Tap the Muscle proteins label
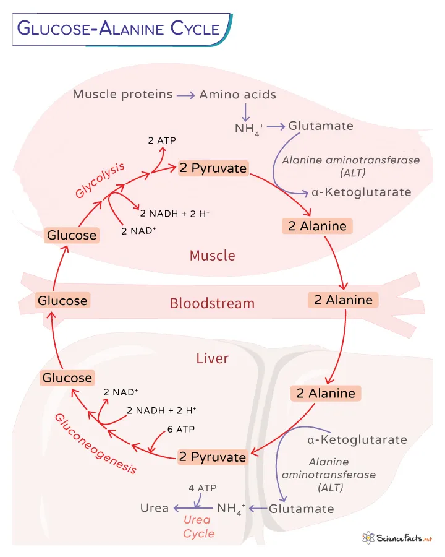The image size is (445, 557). point(122,95)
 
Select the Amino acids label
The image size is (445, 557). point(237,95)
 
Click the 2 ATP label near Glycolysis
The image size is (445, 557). point(162,140)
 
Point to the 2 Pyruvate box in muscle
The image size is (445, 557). point(213,168)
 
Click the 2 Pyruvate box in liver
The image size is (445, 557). point(213,457)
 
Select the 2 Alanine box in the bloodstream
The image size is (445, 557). point(343,300)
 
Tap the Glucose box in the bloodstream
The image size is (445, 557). point(62,301)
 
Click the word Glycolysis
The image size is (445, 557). point(101,180)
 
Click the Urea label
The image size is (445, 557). point(155,508)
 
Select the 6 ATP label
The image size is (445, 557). point(179,430)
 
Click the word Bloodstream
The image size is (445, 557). point(212,303)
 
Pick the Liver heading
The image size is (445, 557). point(212,358)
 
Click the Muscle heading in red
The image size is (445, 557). point(212,255)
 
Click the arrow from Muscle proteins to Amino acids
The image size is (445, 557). point(185,95)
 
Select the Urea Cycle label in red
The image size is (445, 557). point(198,527)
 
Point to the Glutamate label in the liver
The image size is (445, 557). point(302,509)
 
